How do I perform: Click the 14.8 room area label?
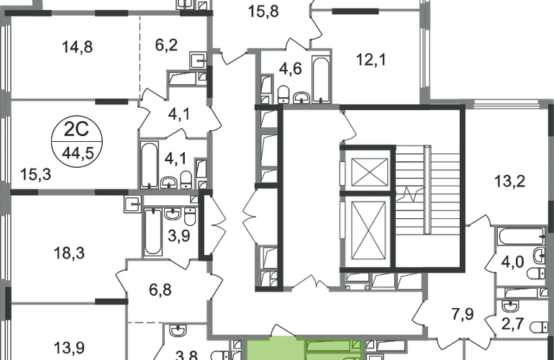pyautogui.click(x=79, y=48)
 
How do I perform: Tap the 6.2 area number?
pyautogui.click(x=163, y=49)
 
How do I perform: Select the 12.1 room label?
pyautogui.click(x=371, y=61)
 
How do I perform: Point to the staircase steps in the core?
pyautogui.click(x=427, y=191)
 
